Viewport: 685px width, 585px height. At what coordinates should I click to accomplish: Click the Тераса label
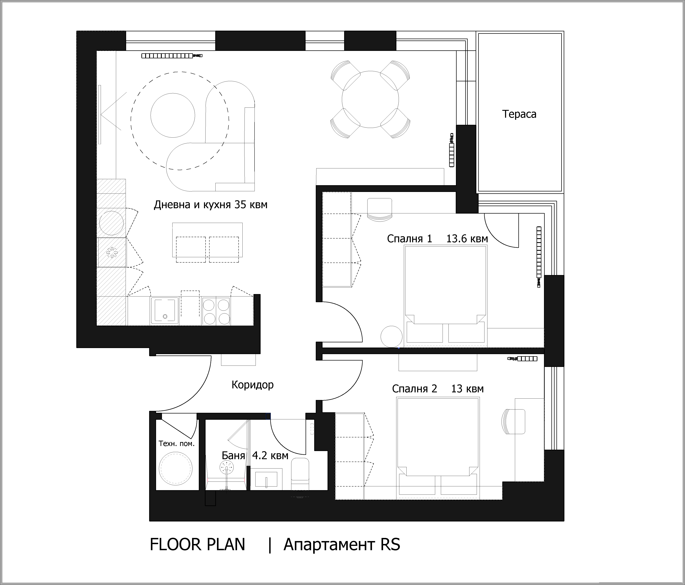[x=519, y=114]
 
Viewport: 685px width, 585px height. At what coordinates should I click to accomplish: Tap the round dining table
[x=370, y=99]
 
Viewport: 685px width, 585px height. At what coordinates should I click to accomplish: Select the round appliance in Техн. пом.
[x=176, y=469]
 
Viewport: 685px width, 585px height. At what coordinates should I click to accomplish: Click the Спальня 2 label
[x=415, y=389]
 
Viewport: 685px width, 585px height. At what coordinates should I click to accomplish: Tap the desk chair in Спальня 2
[x=513, y=421]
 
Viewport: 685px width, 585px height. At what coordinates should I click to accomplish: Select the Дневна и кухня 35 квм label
[x=211, y=205]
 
